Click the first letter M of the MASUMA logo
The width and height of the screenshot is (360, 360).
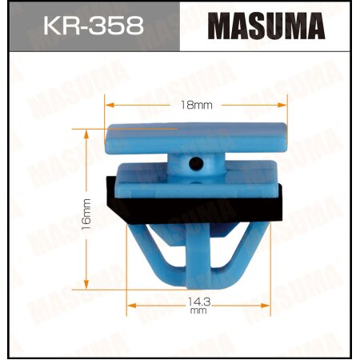tap(220, 27)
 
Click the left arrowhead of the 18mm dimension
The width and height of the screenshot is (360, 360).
tap(109, 105)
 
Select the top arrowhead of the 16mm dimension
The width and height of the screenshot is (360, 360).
tap(87, 130)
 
